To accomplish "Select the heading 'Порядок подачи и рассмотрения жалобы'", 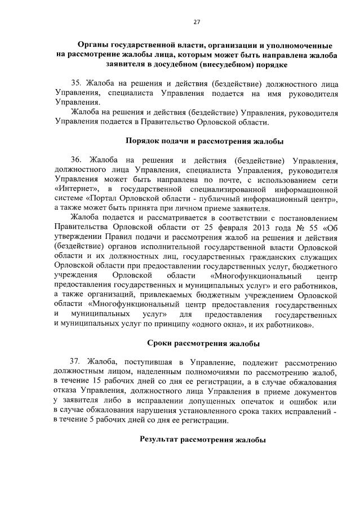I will coord(203,140).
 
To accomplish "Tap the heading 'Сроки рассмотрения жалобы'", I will coord(203,343).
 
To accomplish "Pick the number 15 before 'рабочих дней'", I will coord(99,382).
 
